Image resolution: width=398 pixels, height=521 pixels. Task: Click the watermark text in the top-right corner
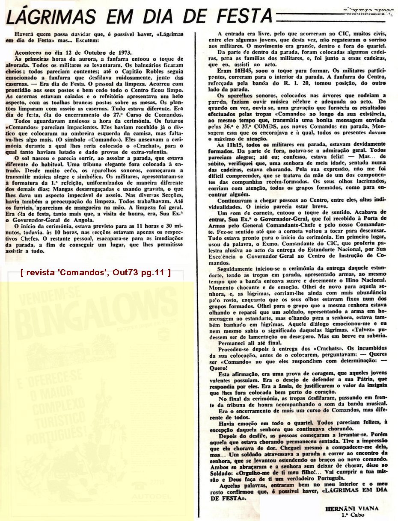pos(369,12)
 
